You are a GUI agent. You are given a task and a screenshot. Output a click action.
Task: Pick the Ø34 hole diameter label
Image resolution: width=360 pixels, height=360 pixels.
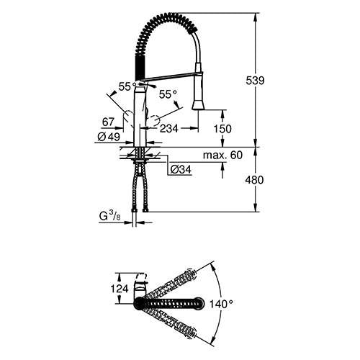pos(181,170)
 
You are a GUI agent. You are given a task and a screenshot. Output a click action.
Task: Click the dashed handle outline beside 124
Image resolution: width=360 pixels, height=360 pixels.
pos(142,277)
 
